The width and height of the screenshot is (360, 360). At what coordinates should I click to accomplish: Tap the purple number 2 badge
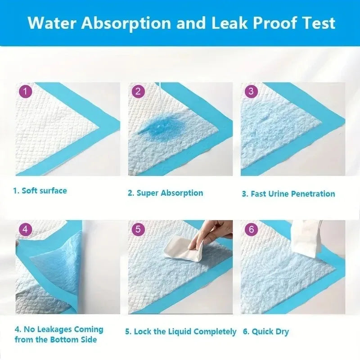138,91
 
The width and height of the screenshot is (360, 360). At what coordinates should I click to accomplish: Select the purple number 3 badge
251,91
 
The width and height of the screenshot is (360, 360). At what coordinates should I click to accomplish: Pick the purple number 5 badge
138,229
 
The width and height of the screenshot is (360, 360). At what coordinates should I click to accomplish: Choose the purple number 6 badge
251,229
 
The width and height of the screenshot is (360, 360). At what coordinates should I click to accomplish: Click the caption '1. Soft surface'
40,190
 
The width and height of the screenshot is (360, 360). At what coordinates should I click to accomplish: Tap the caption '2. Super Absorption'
165,193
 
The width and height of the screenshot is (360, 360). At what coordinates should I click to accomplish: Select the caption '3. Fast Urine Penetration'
288,194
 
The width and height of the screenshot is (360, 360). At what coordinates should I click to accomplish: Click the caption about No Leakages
58,334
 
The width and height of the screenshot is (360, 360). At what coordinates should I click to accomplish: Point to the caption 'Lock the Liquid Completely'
180,332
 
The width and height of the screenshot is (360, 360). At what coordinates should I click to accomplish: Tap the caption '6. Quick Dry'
266,332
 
